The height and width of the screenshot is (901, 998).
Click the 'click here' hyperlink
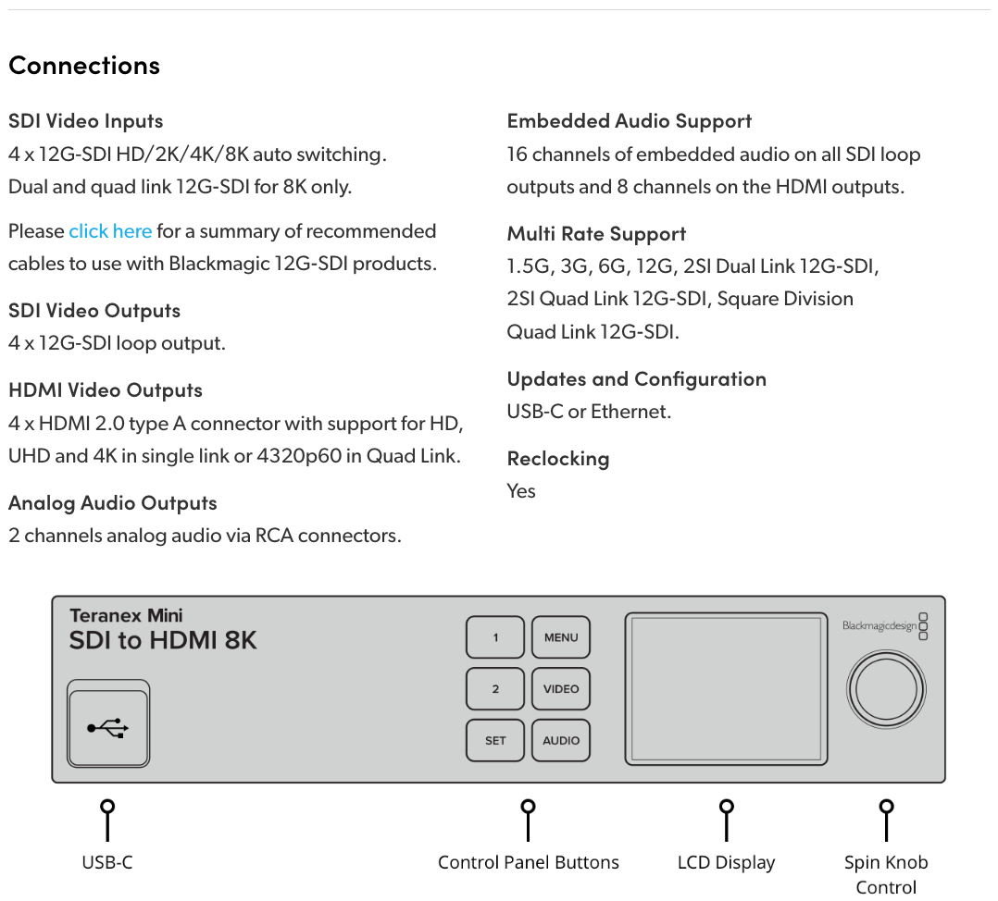click(x=110, y=231)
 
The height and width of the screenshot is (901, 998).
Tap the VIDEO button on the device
click(x=561, y=689)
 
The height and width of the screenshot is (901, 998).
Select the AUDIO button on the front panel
click(x=561, y=741)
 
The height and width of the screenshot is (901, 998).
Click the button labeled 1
click(x=495, y=637)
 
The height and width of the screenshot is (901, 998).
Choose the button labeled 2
click(x=495, y=689)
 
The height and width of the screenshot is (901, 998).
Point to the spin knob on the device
click(x=886, y=689)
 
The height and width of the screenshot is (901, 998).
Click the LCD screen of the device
click(x=726, y=689)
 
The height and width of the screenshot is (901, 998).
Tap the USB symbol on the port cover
click(x=108, y=729)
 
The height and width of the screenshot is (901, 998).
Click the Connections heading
click(x=84, y=66)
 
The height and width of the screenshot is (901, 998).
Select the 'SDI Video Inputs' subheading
click(x=85, y=121)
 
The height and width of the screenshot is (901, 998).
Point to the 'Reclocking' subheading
click(x=558, y=459)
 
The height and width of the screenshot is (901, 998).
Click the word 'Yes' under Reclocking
click(x=521, y=491)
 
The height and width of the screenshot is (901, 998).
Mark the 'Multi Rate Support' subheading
click(x=596, y=234)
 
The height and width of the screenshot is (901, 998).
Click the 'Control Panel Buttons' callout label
click(x=528, y=863)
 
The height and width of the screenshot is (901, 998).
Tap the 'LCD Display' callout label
click(x=726, y=863)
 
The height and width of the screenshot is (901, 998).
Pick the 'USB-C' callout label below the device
click(x=107, y=863)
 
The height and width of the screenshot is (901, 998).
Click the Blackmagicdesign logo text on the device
click(x=879, y=626)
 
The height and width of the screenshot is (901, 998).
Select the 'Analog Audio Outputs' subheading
click(x=113, y=503)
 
